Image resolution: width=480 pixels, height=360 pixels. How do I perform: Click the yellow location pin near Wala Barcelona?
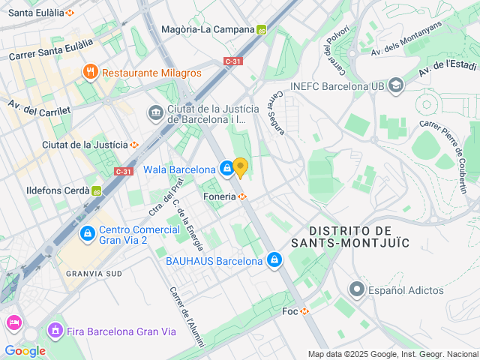coord(240,166)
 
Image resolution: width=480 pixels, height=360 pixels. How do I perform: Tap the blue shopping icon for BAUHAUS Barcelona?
coord(275,260)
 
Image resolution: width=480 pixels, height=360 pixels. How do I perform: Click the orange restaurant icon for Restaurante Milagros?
coord(91,72)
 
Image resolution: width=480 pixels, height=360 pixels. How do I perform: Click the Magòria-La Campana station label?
coord(208,30)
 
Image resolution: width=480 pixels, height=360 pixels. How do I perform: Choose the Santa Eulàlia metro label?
coord(36,13)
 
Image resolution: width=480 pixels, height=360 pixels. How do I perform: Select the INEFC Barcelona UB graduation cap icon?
coord(396,86)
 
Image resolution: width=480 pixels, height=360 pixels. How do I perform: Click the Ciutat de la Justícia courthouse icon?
coord(155,113)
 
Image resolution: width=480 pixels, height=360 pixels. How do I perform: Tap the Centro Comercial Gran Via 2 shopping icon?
coord(88,234)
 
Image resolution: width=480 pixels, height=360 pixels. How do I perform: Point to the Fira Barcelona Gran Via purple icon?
coord(55,330)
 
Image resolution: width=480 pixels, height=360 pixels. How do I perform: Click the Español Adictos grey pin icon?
coord(356,289)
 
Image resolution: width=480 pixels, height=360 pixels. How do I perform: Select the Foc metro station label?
coord(290,311)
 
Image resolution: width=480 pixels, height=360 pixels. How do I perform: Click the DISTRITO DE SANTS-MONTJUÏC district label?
coord(361,235)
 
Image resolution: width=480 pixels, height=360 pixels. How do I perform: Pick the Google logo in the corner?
coord(25,351)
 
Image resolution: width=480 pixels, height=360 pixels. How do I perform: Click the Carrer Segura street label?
coord(279,113)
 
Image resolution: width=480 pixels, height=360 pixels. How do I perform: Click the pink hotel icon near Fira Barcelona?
coord(14,323)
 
